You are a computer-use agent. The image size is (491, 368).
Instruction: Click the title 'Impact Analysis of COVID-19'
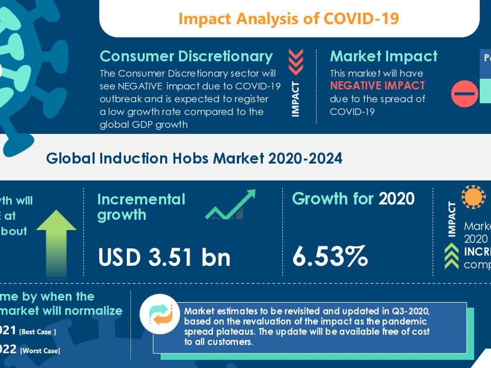pyautogui.click(x=289, y=19)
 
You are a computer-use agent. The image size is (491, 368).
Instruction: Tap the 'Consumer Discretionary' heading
pyautogui.click(x=186, y=56)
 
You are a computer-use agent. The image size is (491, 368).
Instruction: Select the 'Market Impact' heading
pyautogui.click(x=383, y=56)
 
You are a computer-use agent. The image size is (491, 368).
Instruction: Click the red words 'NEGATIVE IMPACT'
pyautogui.click(x=377, y=86)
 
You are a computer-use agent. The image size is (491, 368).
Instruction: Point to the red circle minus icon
pyautogui.click(x=465, y=93)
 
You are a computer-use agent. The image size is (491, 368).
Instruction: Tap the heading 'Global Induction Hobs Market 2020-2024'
pyautogui.click(x=194, y=158)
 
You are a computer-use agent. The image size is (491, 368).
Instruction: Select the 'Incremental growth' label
pyautogui.click(x=141, y=207)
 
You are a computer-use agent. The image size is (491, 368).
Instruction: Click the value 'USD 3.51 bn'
pyautogui.click(x=164, y=257)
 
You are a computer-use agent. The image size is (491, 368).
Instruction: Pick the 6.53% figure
pyautogui.click(x=330, y=256)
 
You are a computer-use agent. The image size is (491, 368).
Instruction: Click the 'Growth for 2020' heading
pyautogui.click(x=353, y=199)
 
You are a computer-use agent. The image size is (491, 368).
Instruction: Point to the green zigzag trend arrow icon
pyautogui.click(x=230, y=205)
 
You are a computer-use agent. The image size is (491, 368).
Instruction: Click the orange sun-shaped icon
pyautogui.click(x=473, y=197)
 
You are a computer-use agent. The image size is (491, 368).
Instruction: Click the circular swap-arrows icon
pyautogui.click(x=160, y=314)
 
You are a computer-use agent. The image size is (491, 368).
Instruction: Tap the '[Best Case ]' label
pyautogui.click(x=37, y=332)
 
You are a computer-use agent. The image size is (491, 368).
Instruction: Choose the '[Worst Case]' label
pyautogui.click(x=40, y=350)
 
